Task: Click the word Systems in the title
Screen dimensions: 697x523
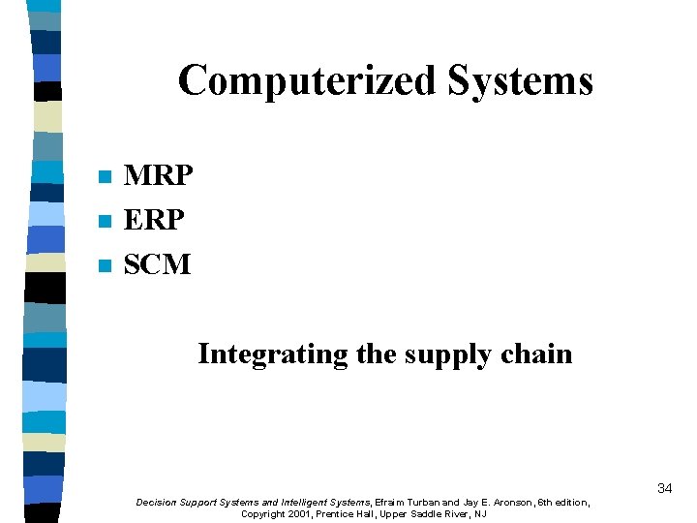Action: pyautogui.click(x=520, y=80)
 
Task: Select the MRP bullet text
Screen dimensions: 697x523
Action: pyautogui.click(x=159, y=176)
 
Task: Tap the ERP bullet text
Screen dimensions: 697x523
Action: pyautogui.click(x=154, y=220)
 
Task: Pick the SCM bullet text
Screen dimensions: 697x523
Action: pyautogui.click(x=158, y=263)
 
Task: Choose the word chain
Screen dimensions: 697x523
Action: pyautogui.click(x=537, y=354)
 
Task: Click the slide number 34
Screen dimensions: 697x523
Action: pyautogui.click(x=664, y=488)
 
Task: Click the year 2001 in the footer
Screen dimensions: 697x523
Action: pyautogui.click(x=298, y=514)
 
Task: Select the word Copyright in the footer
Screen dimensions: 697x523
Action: pyautogui.click(x=261, y=514)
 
